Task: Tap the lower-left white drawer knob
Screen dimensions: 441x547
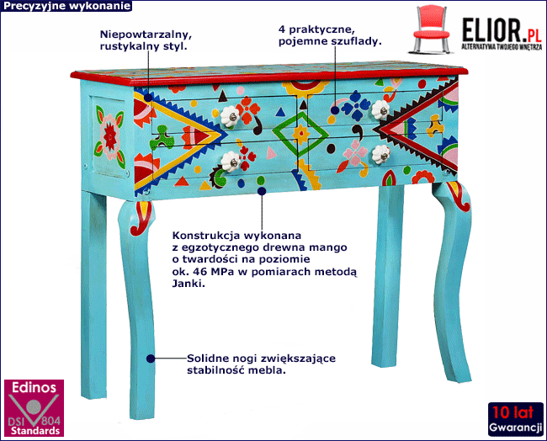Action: click(x=230, y=159)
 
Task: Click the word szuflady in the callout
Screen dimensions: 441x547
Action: click(x=355, y=40)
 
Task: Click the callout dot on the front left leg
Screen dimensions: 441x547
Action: click(x=151, y=357)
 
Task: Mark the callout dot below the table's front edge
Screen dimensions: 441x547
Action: click(x=262, y=191)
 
